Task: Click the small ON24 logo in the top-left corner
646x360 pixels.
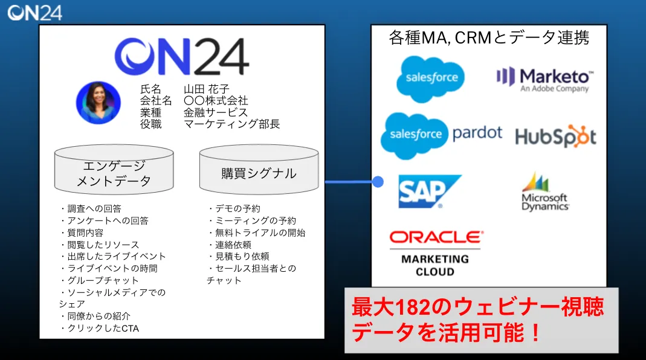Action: click(34, 12)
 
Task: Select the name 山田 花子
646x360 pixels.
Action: click(207, 89)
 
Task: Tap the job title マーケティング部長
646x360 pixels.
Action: click(231, 124)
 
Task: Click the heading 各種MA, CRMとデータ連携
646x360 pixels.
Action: click(489, 39)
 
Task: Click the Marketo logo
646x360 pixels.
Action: click(544, 79)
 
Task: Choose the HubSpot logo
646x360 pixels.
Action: click(555, 137)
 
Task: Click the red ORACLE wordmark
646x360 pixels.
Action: click(436, 237)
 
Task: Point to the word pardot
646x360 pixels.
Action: click(477, 133)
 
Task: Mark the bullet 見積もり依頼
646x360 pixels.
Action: click(239, 256)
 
